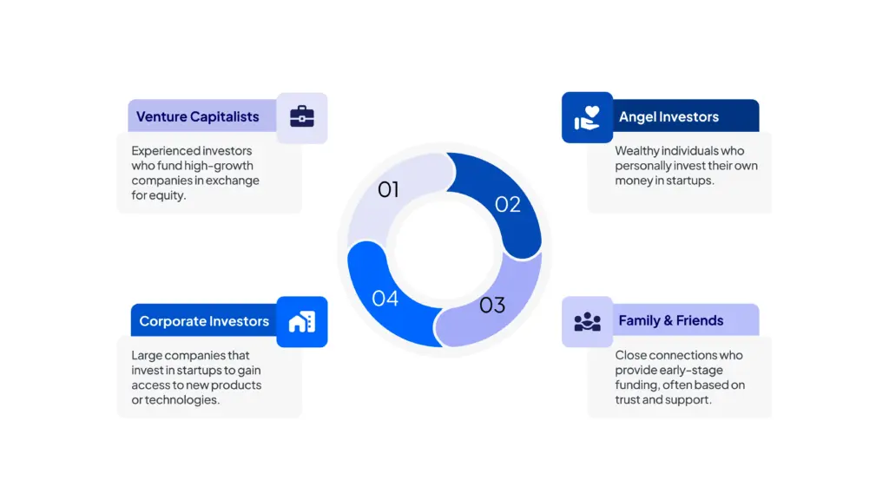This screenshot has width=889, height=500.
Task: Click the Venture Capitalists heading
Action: pyautogui.click(x=197, y=117)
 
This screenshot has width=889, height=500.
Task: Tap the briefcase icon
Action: pyautogui.click(x=302, y=117)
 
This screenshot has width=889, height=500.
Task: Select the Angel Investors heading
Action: pyautogui.click(x=668, y=117)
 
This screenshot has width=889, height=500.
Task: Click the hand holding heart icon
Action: pyautogui.click(x=587, y=117)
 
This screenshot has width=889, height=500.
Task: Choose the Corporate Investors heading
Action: pyautogui.click(x=204, y=321)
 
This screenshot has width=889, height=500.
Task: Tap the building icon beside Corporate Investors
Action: pyautogui.click(x=302, y=322)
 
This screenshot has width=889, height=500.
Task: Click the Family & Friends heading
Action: pyautogui.click(x=670, y=321)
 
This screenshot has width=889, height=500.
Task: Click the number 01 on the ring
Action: pyautogui.click(x=388, y=189)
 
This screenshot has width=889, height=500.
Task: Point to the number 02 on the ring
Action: pyautogui.click(x=508, y=204)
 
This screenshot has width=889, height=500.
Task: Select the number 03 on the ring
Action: pyautogui.click(x=492, y=305)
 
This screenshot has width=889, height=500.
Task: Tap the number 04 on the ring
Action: pyautogui.click(x=385, y=299)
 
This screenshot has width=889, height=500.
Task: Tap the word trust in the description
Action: pyautogui.click(x=630, y=400)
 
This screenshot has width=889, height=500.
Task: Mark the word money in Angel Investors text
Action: pyautogui.click(x=634, y=181)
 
